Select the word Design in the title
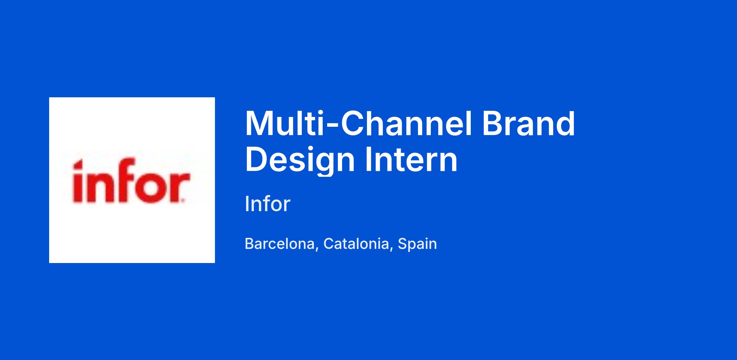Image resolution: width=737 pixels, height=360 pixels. (300, 160)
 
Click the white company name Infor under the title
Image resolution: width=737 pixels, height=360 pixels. (267, 204)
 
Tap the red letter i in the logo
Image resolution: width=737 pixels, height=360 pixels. (78, 181)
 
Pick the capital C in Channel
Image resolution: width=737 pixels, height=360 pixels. (352, 124)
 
